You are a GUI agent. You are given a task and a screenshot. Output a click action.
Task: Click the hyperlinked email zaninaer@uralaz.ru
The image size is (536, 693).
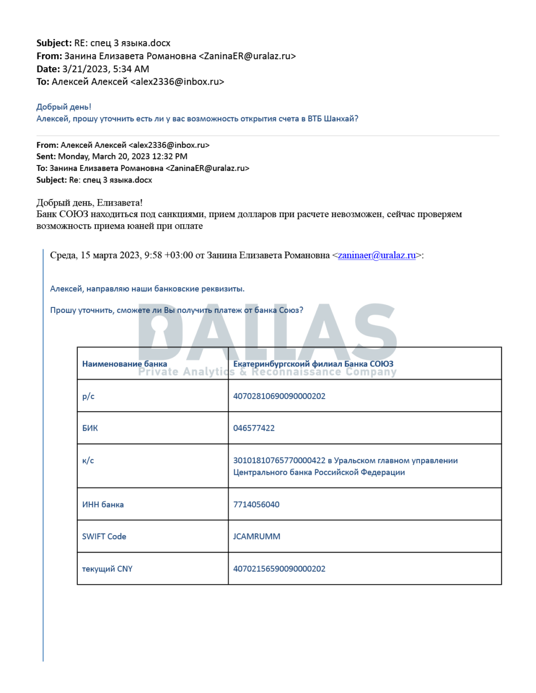pyautogui.click(x=376, y=255)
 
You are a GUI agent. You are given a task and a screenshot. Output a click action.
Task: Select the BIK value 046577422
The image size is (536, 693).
pyautogui.click(x=253, y=428)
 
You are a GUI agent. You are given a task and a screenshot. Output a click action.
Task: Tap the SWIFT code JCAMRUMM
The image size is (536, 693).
pyautogui.click(x=256, y=537)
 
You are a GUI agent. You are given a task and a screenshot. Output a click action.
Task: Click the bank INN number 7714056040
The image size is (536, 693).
pyautogui.click(x=256, y=504)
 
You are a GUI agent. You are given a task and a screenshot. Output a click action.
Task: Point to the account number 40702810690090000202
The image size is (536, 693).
pyautogui.click(x=279, y=396)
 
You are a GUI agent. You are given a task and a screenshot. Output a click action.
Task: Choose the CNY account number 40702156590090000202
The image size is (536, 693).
pyautogui.click(x=279, y=569)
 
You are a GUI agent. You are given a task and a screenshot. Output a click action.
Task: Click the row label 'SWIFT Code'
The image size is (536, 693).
pyautogui.click(x=104, y=537)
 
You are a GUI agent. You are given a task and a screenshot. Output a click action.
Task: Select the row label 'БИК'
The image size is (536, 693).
pyautogui.click(x=90, y=428)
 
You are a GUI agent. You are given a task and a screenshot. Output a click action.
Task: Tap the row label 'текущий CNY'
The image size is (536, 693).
pyautogui.click(x=107, y=569)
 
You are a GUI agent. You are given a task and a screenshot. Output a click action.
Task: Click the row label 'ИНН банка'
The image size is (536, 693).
pyautogui.click(x=103, y=504)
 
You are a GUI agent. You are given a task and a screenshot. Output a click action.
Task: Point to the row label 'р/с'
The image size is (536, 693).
pyautogui.click(x=88, y=396)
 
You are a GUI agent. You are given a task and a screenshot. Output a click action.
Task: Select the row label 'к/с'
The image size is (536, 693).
pyautogui.click(x=88, y=460)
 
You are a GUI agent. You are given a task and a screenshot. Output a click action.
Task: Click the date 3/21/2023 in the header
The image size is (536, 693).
pyautogui.click(x=84, y=69)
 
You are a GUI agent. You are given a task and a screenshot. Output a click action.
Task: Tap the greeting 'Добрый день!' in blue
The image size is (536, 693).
pyautogui.click(x=64, y=107)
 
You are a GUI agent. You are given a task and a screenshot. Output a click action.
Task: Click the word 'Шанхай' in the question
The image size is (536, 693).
pyautogui.click(x=341, y=119)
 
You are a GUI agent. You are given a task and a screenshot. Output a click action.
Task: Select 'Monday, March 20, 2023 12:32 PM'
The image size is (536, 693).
pyautogui.click(x=122, y=156)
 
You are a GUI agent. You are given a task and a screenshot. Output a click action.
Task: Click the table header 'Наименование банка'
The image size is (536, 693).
pyautogui.click(x=124, y=364)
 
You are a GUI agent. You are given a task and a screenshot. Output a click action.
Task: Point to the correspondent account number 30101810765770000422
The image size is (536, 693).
pyautogui.click(x=279, y=460)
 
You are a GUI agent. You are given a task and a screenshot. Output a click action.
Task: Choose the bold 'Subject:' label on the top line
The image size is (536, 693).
pyautogui.click(x=54, y=43)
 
